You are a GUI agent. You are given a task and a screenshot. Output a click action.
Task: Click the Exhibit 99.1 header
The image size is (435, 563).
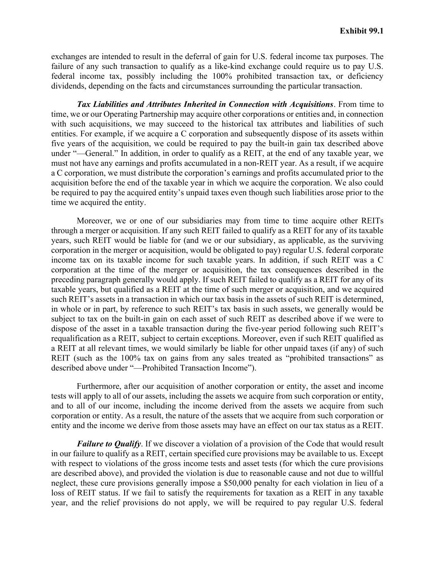click(x=362, y=31)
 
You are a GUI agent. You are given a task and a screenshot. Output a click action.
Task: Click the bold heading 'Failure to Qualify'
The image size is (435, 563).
click(x=109, y=444)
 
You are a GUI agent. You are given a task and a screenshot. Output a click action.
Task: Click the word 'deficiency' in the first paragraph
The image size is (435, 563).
click(x=365, y=76)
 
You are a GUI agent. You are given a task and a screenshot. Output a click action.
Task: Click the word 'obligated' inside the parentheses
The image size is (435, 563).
click(x=266, y=250)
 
